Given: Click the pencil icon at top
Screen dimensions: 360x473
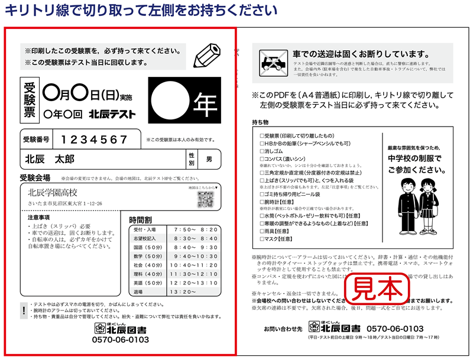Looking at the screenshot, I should click(206, 56).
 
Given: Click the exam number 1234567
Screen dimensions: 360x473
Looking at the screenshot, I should click(95, 140).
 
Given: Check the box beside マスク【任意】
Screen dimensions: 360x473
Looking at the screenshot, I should click(262, 239).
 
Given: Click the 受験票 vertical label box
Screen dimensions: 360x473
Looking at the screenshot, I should click(30, 99).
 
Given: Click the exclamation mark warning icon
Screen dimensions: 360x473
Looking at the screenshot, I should click(23, 310).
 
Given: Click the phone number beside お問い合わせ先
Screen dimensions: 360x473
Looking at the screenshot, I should click(396, 328).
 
